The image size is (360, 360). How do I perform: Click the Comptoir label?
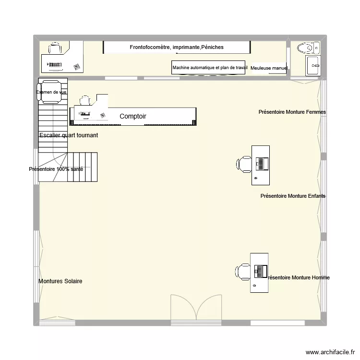click(133, 116)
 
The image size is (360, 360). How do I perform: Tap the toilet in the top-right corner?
click(308, 48)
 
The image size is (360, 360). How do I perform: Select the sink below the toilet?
click(313, 65)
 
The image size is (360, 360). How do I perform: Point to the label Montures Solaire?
click(60, 281)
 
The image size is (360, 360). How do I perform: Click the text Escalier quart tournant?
click(69, 135)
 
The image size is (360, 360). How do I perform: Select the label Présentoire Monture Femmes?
click(292, 112)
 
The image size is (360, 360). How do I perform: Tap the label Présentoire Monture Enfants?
click(293, 196)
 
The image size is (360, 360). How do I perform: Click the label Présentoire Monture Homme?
click(298, 277)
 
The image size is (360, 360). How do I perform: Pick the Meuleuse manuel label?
click(269, 68)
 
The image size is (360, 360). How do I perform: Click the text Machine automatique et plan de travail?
click(210, 68)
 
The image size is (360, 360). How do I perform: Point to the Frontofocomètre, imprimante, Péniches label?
click(177, 47)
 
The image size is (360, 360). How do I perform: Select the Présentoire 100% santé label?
click(56, 169)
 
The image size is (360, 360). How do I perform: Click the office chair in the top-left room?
click(55, 49)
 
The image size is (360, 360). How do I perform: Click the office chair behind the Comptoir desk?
click(85, 101)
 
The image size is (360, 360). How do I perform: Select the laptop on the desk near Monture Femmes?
click(262, 164)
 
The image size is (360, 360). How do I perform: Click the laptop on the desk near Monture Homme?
click(261, 271)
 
